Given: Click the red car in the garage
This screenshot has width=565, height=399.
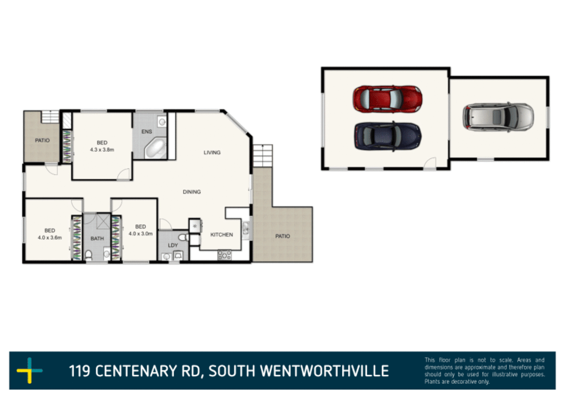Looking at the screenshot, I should click(387, 99).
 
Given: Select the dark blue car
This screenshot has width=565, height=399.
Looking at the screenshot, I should click(387, 136).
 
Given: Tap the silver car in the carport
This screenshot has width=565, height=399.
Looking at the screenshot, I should click(498, 117).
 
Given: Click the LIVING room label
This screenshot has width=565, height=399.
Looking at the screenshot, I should click(212, 153).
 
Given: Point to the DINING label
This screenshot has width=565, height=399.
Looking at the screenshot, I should click(192, 192).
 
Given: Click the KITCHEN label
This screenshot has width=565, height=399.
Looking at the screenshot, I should click(221, 235).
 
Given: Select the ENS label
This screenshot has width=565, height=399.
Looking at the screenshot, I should click(147, 132).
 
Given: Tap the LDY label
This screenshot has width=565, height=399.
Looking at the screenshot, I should click(173, 245).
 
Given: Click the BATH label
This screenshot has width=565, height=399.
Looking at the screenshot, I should click(97, 239).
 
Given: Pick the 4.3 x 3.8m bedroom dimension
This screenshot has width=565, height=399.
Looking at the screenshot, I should click(102, 150).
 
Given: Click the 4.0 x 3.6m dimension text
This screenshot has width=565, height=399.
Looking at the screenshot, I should click(50, 238).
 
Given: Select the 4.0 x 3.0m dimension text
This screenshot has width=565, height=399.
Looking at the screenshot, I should click(140, 233).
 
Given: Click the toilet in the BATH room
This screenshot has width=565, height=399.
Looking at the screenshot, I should click(89, 255).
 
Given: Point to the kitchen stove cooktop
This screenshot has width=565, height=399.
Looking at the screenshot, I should click(224, 255).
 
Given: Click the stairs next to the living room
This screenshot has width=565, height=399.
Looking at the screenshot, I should click(263, 156).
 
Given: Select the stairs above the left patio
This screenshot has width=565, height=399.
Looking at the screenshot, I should click(50, 116).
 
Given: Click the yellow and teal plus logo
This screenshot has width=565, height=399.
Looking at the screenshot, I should click(30, 370).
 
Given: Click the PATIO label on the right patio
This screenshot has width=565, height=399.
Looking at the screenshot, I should click(282, 236).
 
